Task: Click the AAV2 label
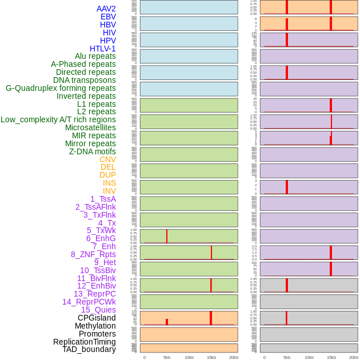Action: (x=106, y=9)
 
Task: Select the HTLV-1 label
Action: (x=102, y=49)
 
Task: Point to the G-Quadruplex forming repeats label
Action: (x=61, y=88)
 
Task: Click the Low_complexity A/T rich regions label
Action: (x=58, y=119)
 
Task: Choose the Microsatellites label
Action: (x=90, y=127)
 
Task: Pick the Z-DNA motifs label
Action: (x=92, y=151)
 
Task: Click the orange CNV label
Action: (x=107, y=159)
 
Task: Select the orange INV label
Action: (x=109, y=191)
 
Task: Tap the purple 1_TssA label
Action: (x=103, y=199)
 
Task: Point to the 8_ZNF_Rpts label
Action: (x=93, y=254)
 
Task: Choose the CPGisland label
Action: (x=97, y=318)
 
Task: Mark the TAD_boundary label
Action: (x=89, y=349)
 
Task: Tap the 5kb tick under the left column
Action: (x=167, y=357)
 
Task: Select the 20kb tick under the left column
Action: (x=234, y=357)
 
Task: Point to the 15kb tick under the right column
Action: (x=331, y=357)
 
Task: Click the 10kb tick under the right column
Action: (x=309, y=357)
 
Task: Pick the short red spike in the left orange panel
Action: (x=167, y=322)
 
